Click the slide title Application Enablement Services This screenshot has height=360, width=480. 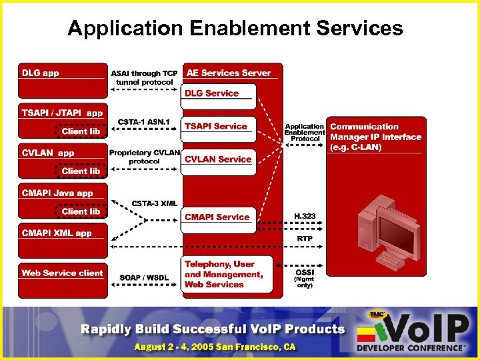(x=235, y=29)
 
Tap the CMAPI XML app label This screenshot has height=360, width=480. (x=57, y=233)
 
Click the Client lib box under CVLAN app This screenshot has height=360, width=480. (x=81, y=171)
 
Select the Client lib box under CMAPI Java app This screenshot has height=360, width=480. (x=81, y=211)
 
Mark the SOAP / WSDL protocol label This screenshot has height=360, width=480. (x=145, y=277)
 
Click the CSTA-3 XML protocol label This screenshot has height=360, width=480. (x=154, y=203)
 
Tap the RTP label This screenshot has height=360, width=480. (x=304, y=238)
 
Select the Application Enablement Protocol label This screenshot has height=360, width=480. (x=304, y=132)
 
